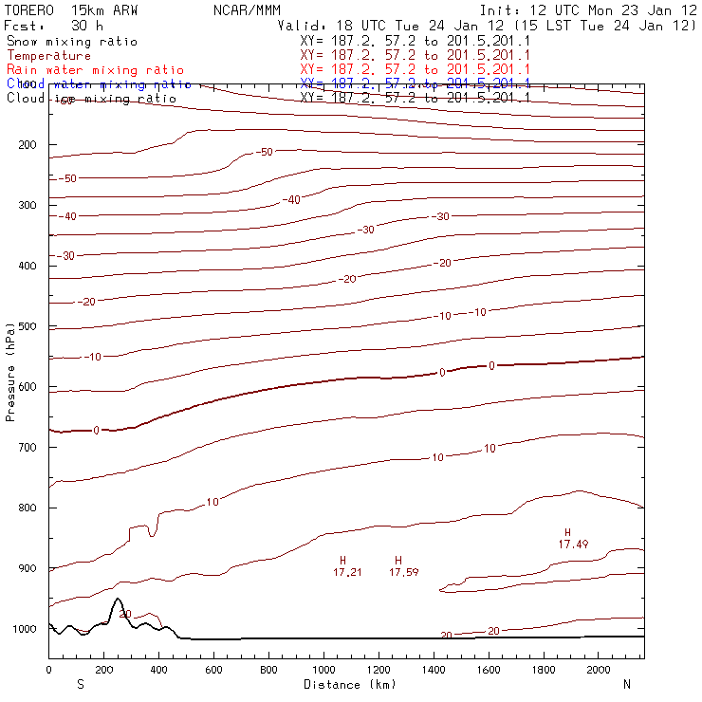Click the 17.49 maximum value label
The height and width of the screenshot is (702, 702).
coord(573,545)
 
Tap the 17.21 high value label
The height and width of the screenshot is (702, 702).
coord(347,573)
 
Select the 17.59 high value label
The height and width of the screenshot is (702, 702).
coord(404,573)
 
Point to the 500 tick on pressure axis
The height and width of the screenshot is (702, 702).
coord(27,326)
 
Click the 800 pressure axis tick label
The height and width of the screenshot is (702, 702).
coord(27,508)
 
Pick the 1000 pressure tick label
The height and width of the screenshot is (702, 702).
coord(24,629)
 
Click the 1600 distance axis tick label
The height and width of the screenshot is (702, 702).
coord(489,670)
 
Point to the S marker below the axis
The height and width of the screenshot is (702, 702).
coord(81,683)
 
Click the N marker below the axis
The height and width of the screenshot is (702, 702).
coord(627,683)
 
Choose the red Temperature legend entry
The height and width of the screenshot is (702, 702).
coord(48,56)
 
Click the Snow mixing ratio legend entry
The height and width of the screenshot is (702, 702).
coord(71,42)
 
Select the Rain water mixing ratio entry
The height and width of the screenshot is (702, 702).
coord(94,70)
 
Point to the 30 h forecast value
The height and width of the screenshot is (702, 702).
coord(86,25)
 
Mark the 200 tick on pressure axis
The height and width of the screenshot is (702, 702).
coord(27,145)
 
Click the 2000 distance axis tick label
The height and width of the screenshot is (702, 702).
coord(599,670)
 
